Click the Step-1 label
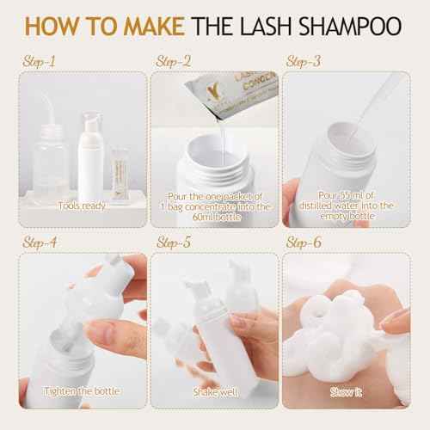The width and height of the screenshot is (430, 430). point(40,62)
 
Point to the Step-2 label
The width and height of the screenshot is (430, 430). point(175,62)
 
